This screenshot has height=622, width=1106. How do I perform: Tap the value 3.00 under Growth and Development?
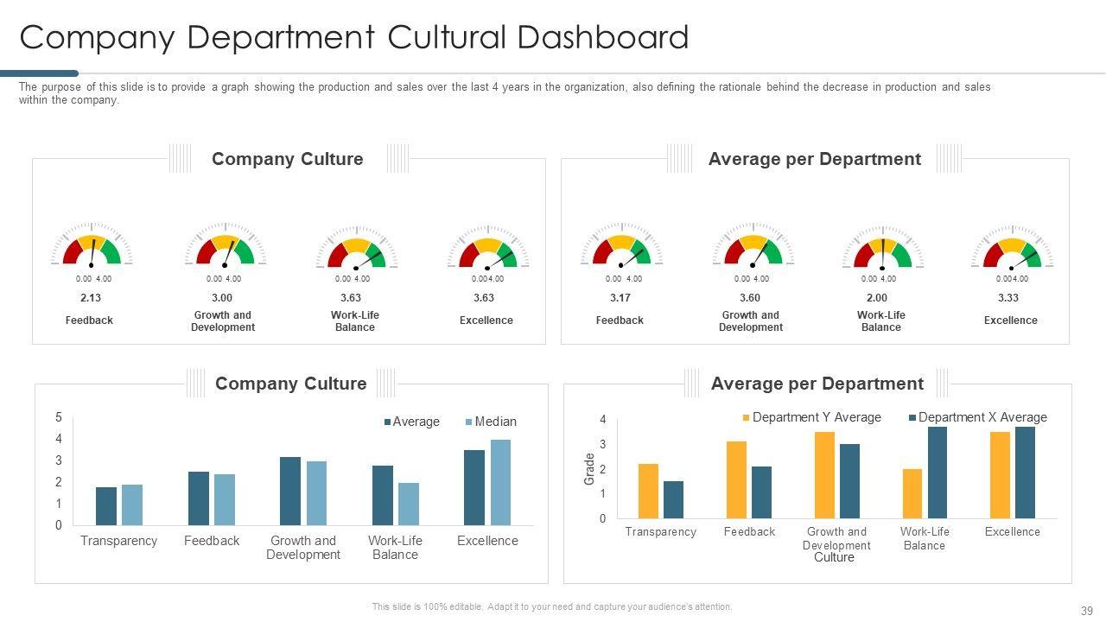[222, 298]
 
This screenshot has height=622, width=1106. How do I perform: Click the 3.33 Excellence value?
[1010, 298]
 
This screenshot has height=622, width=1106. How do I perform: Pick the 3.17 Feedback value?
[620, 298]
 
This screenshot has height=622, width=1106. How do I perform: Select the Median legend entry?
[491, 422]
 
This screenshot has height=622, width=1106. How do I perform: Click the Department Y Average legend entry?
[812, 417]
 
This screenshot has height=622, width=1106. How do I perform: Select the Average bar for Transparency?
[106, 506]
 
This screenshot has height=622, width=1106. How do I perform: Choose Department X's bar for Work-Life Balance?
[938, 473]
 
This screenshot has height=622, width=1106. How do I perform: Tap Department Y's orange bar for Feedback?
[736, 479]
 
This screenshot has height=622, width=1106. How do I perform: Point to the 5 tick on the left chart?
[59, 417]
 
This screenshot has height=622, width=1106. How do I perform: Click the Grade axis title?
[590, 469]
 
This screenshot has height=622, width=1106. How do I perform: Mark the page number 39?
[1086, 610]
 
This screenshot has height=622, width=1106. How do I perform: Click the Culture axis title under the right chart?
[834, 558]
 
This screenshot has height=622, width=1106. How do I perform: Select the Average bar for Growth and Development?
[290, 491]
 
